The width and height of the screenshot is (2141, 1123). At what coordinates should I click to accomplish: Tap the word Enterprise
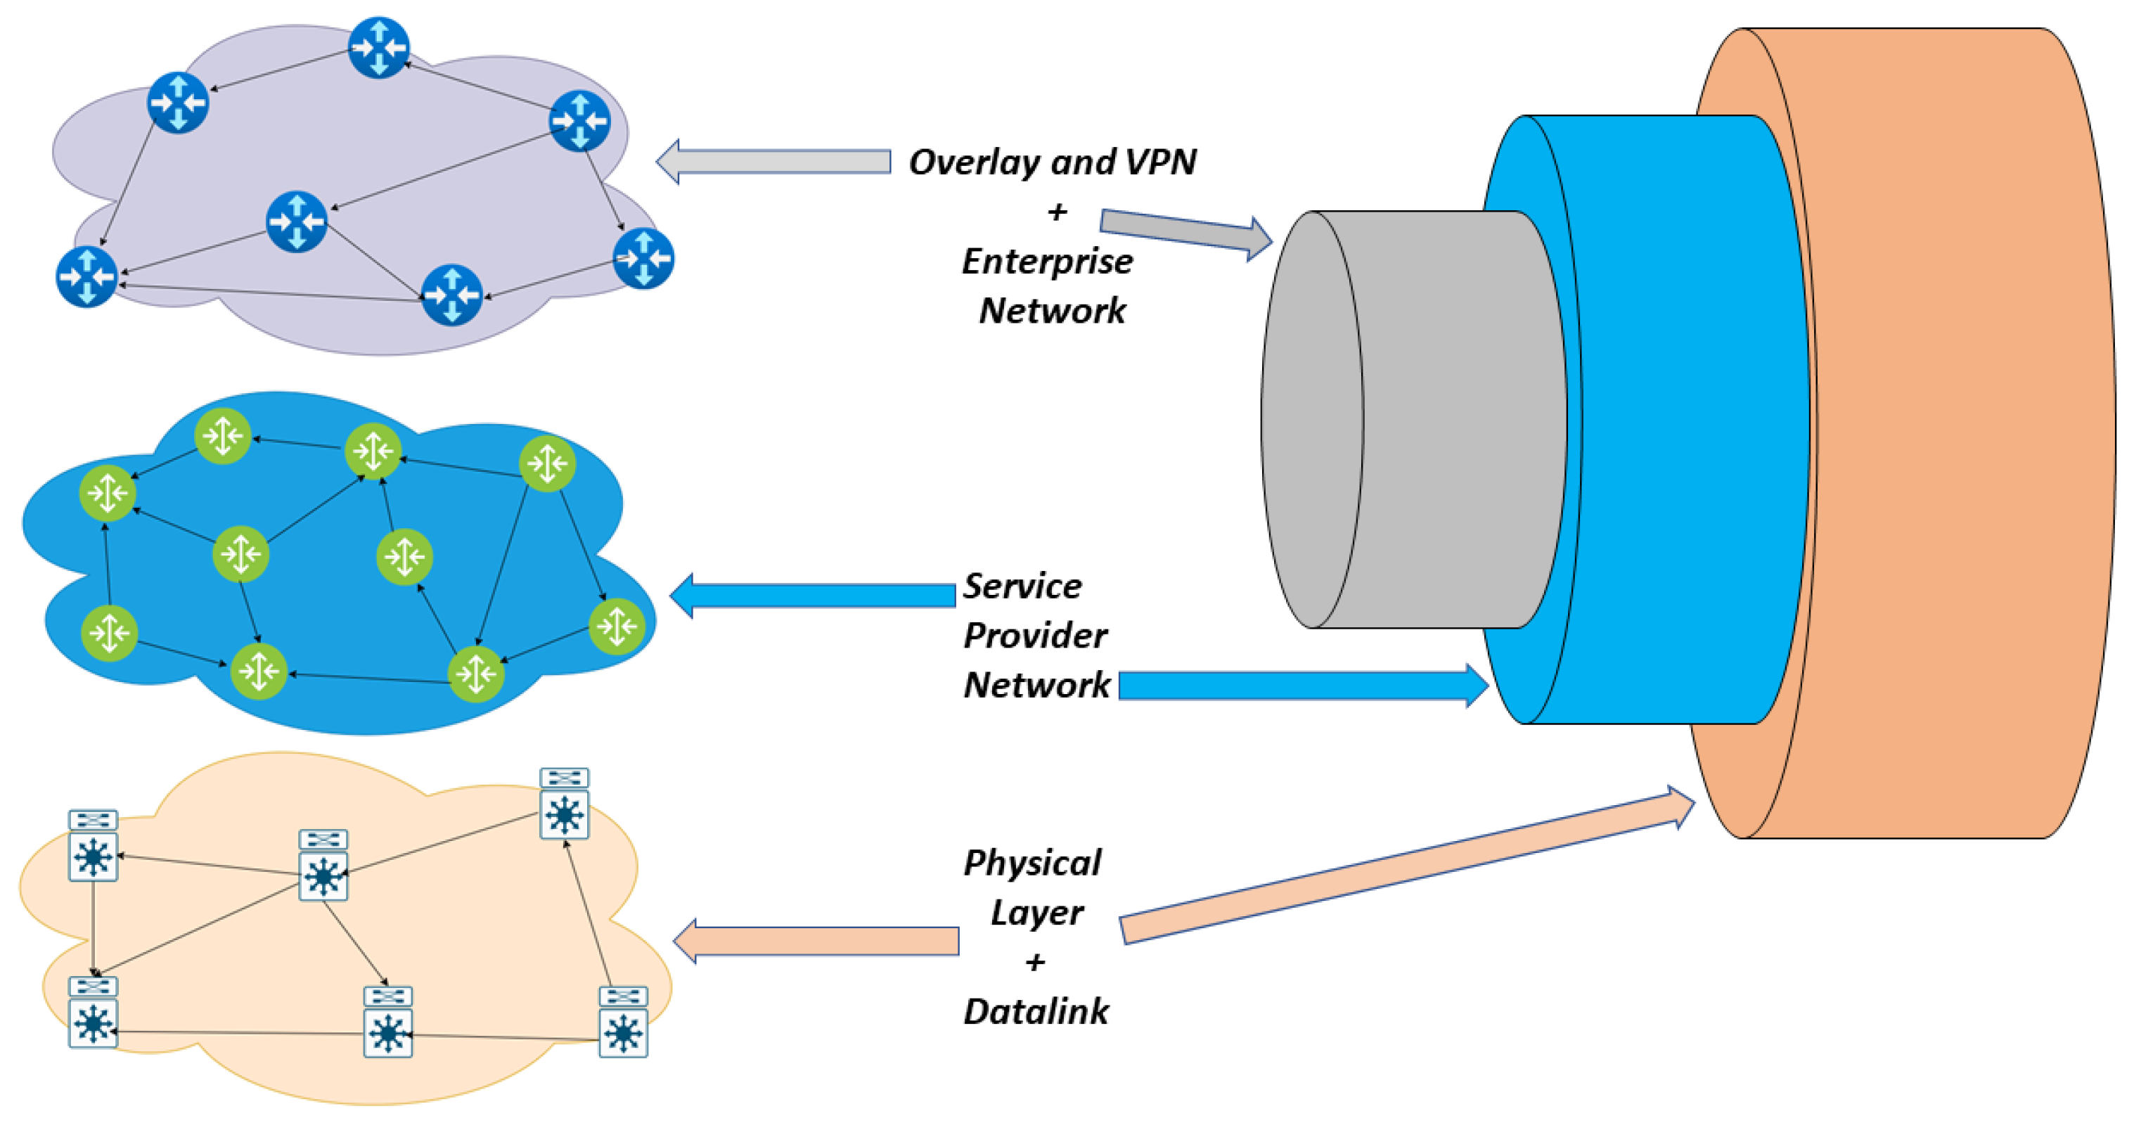(1047, 262)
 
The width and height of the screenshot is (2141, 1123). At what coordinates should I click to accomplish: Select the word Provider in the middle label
(1035, 636)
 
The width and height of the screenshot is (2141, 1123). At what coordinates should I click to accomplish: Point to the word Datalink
(1036, 1012)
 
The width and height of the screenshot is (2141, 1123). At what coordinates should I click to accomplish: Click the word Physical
(1032, 863)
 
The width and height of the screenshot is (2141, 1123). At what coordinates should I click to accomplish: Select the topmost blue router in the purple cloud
(379, 47)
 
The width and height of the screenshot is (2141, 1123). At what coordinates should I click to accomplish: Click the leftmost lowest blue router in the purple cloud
(86, 276)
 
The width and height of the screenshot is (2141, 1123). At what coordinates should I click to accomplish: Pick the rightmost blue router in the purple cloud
(643, 259)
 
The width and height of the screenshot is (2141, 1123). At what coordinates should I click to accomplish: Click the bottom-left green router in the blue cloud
(109, 634)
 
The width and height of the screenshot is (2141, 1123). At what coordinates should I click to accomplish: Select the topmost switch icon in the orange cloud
(565, 804)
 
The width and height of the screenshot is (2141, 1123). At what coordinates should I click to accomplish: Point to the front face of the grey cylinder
(1311, 420)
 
